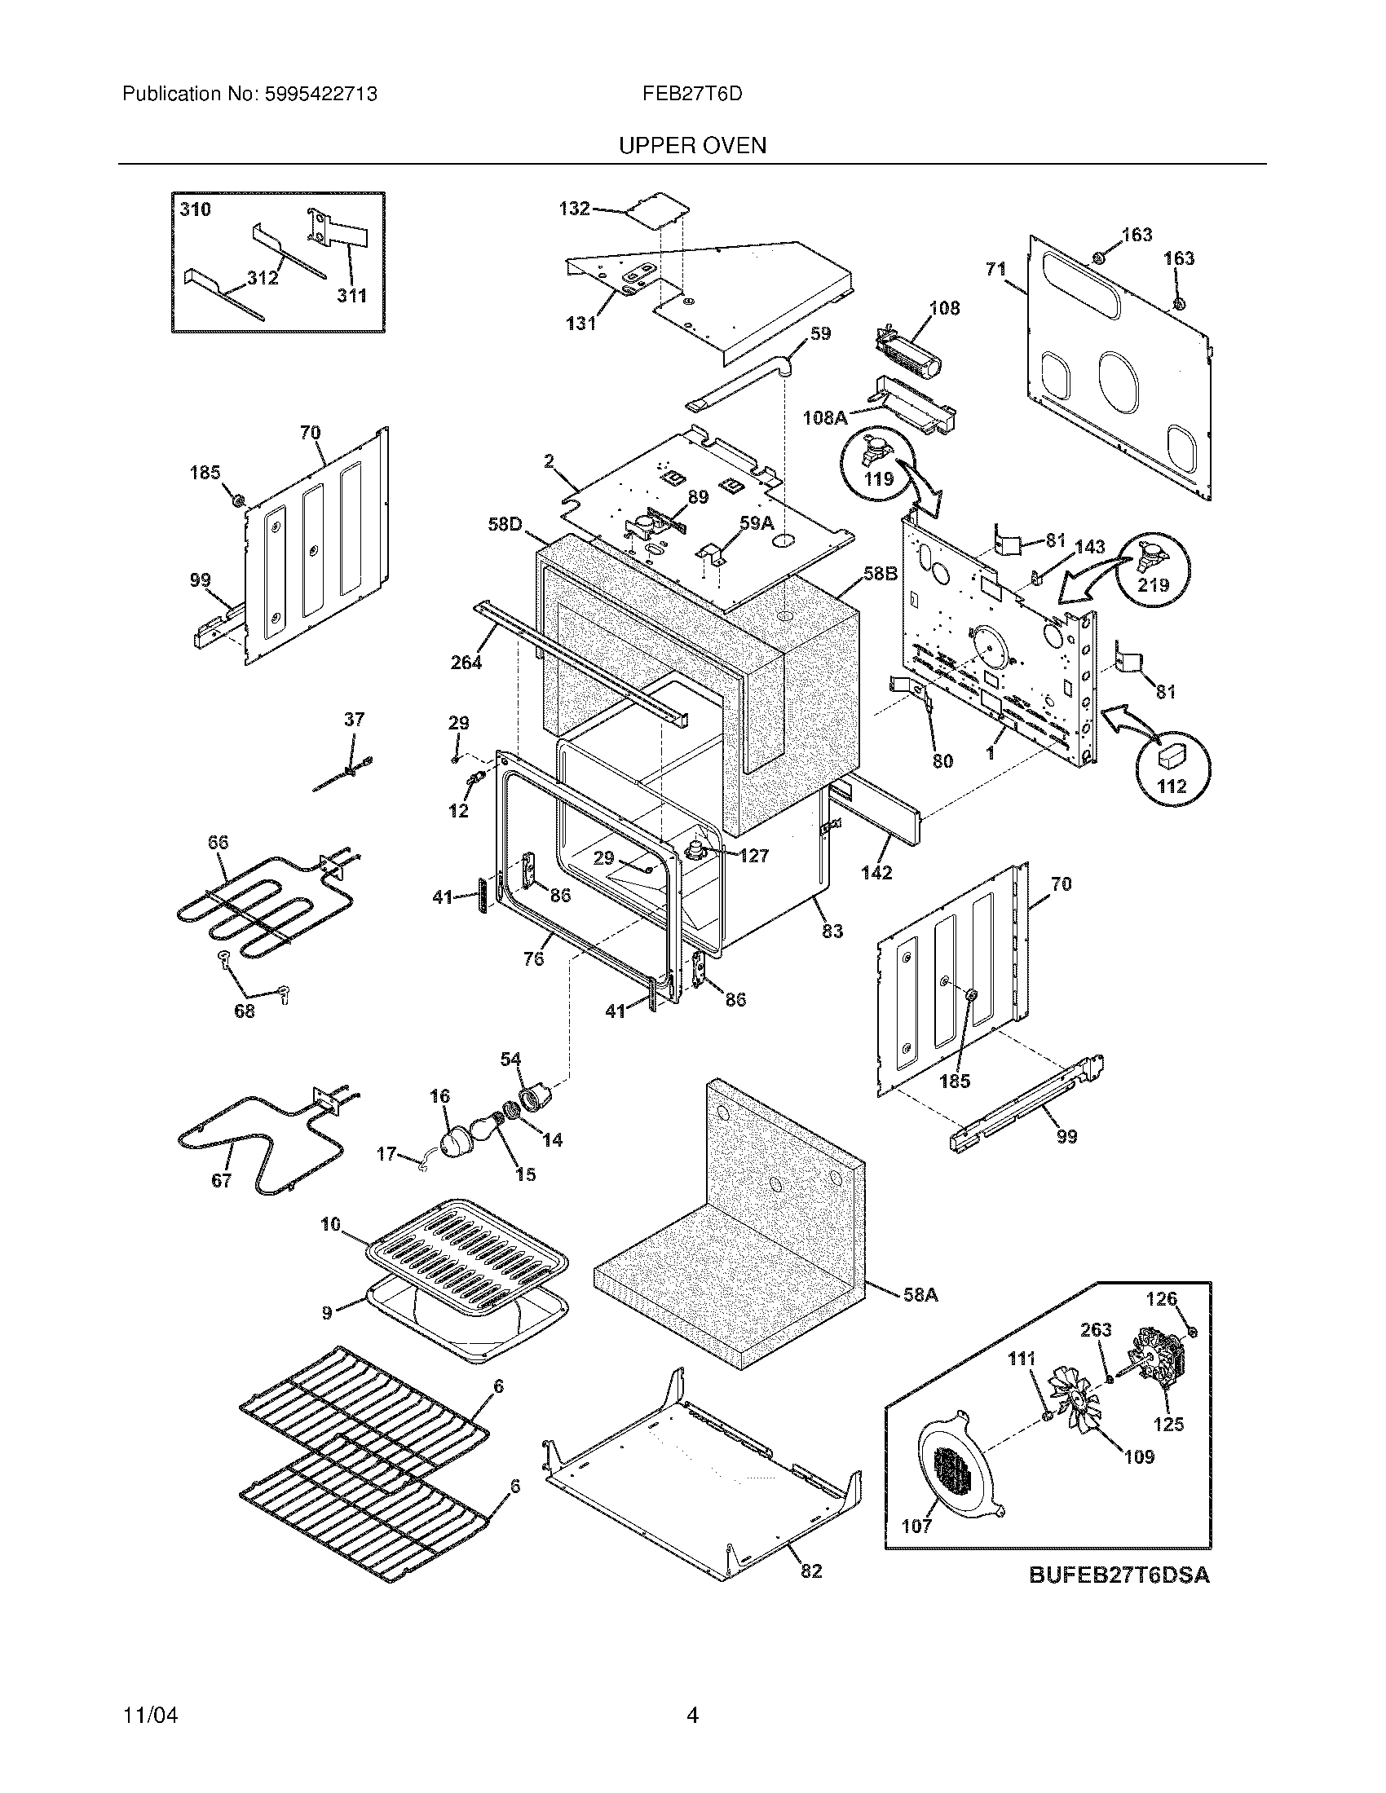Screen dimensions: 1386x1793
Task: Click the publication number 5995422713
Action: pyautogui.click(x=320, y=95)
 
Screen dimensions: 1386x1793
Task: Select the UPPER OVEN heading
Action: pyautogui.click(x=691, y=146)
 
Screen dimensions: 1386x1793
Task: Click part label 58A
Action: pyautogui.click(x=920, y=1296)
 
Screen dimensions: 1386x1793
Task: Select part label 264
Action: pyautogui.click(x=466, y=662)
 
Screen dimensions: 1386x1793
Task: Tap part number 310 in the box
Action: pyautogui.click(x=196, y=209)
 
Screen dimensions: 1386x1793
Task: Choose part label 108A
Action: pyautogui.click(x=824, y=418)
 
